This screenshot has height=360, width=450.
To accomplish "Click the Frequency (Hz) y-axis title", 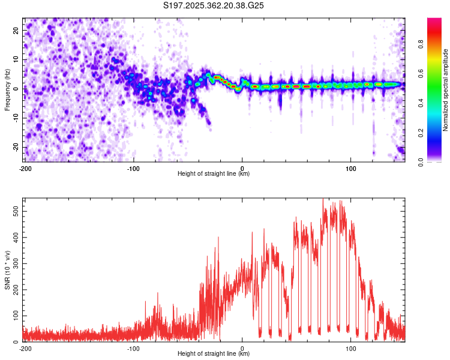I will pos(7,90).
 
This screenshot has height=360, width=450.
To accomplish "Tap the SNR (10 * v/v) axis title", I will pos(7,270).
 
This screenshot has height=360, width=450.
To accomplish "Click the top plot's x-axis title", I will pos(214,173).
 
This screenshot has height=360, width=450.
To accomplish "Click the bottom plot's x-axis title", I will pos(214,353).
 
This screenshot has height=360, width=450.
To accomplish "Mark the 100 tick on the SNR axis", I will pos(14,316).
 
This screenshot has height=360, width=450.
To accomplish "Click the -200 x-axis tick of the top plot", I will pos(25,168).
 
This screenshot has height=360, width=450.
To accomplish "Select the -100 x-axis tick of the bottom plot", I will pos(133,348).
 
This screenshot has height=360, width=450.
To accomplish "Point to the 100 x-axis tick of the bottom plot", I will pos(351,348).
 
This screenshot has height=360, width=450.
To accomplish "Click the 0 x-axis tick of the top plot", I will pos(242,168).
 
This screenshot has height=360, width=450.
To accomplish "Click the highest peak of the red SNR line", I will pos(323,199).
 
